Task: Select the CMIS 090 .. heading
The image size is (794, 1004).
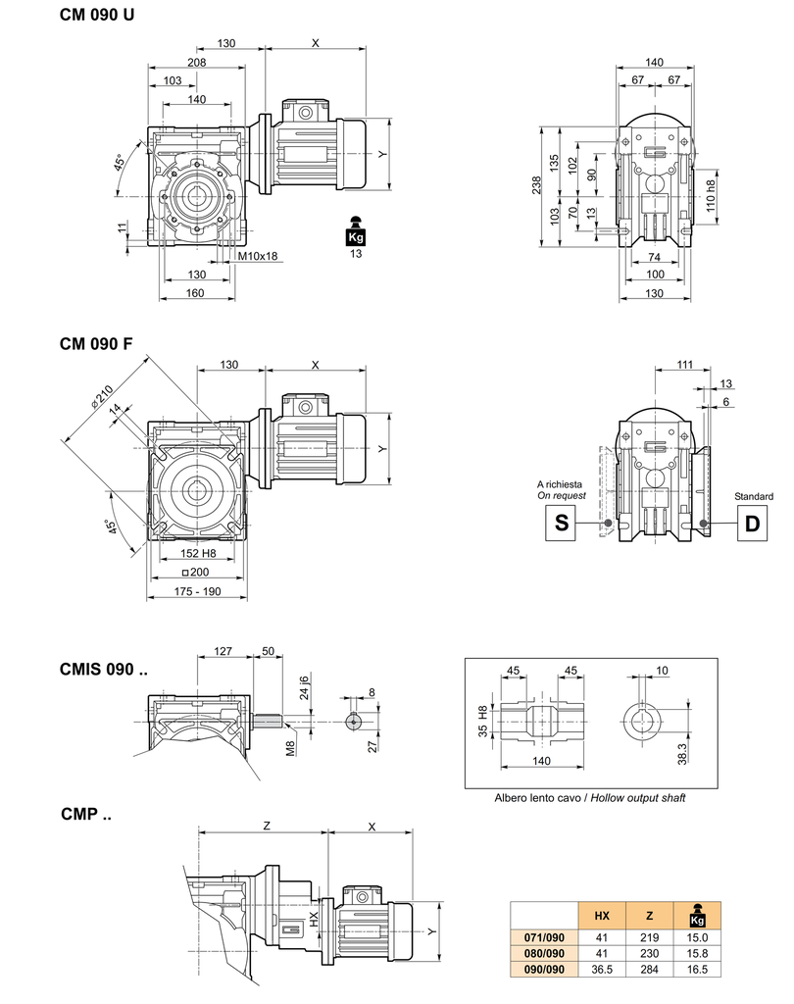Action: coord(104,672)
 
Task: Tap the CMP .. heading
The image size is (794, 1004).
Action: coord(86,814)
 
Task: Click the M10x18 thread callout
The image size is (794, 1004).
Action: coord(259,257)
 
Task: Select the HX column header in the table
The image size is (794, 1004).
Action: coord(602,916)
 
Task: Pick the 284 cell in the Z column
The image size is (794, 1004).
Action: coord(650,970)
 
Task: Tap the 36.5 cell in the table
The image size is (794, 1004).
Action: coord(602,970)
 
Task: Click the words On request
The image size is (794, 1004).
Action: coord(562,496)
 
